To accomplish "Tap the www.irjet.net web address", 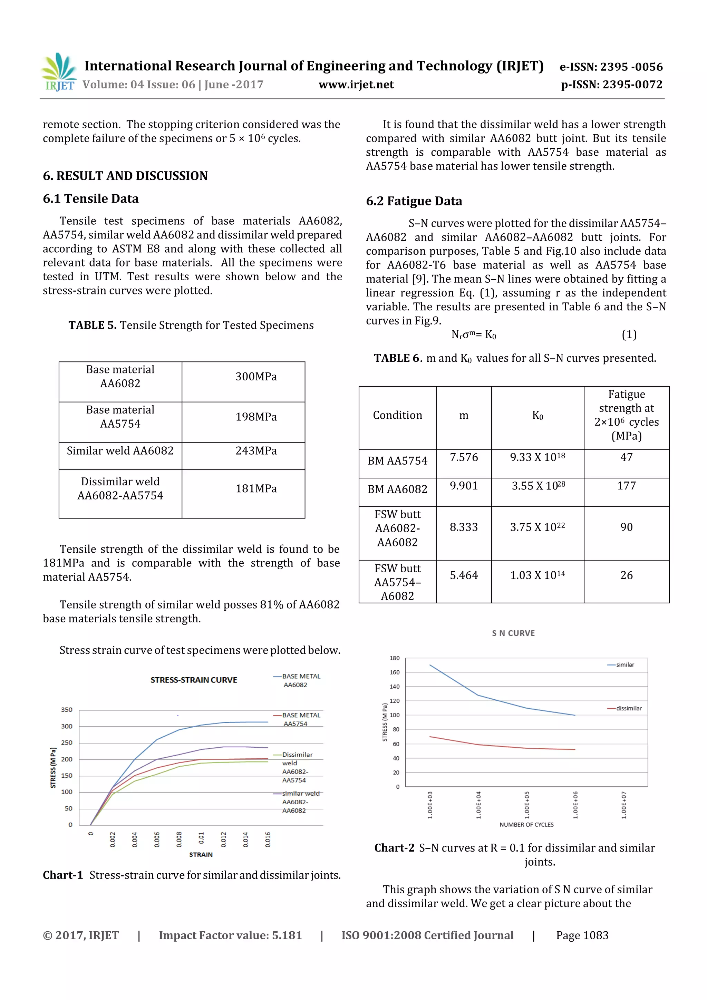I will [356, 85].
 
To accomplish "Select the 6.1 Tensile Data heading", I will [90, 198].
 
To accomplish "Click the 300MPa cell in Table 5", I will [256, 377].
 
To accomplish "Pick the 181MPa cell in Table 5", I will [256, 489].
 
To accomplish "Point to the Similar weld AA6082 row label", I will [120, 451].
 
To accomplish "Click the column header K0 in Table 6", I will [537, 416].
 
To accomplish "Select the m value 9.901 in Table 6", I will [464, 486].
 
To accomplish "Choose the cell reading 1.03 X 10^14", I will [537, 575].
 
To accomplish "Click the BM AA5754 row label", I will [397, 461].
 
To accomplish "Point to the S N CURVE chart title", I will [513, 633].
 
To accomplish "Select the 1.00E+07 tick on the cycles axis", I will [623, 805].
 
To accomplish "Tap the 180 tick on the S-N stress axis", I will [395, 658].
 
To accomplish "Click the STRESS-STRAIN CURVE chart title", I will [194, 680].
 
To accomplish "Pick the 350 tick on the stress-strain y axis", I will [67, 710].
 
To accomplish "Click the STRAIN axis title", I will [201, 855].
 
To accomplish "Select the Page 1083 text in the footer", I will [582, 935].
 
